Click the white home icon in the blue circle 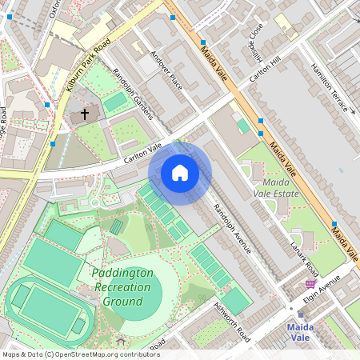click(180, 173)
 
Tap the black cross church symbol click(84, 115)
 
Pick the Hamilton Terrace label click(330, 89)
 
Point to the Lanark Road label click(304, 257)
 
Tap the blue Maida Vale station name click(300, 332)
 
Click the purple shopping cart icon click(310, 283)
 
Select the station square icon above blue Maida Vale click(301, 314)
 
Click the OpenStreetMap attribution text click(81, 354)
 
